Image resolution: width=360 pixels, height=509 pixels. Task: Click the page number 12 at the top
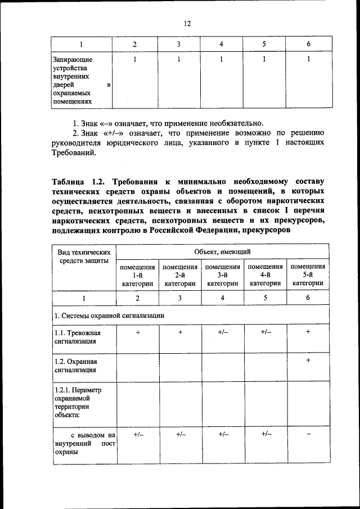pos(187,23)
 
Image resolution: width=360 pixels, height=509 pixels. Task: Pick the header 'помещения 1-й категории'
pos(138,275)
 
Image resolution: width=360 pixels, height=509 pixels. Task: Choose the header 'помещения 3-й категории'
pos(223,275)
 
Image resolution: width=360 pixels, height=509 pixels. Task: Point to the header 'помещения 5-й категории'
pos(308,275)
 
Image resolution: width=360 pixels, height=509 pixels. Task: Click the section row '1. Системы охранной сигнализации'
pos(109,316)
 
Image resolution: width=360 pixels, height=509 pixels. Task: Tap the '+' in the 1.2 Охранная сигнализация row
pos(308,359)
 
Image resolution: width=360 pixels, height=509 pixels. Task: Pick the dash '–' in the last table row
pos(308,434)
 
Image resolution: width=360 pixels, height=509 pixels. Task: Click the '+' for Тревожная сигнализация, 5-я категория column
pos(308,332)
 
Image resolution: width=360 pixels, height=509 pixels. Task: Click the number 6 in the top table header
pos(308,44)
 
